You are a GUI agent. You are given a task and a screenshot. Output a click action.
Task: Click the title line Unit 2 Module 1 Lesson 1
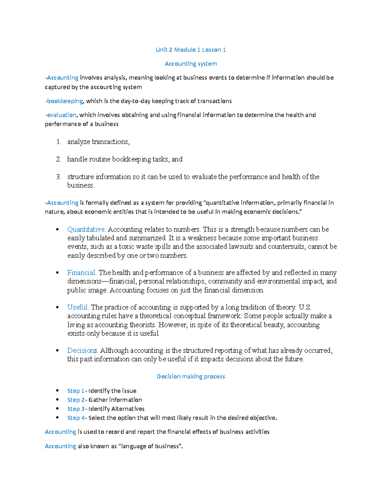191,50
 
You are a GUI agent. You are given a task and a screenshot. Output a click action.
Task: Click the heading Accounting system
191,64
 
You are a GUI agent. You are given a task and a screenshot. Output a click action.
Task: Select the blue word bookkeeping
65,101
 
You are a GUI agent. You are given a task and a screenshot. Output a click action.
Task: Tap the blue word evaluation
61,115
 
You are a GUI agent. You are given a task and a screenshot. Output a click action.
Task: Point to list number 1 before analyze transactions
58,142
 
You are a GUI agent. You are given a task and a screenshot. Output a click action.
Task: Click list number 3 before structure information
58,177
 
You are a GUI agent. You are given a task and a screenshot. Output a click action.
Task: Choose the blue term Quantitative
86,229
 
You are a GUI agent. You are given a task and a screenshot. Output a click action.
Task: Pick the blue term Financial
81,273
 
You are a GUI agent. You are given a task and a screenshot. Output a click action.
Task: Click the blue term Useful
77,307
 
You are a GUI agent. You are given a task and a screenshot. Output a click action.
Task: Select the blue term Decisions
82,351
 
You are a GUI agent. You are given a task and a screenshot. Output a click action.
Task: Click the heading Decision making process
191,376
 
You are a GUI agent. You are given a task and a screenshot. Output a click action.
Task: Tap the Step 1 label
76,391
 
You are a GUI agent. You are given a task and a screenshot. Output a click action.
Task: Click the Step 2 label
76,400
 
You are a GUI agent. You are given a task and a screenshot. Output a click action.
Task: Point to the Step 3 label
76,409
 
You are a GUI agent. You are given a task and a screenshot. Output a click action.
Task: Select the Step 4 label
76,418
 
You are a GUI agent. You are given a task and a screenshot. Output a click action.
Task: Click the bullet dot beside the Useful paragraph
57,308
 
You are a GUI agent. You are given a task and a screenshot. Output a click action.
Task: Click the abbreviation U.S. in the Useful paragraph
305,307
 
